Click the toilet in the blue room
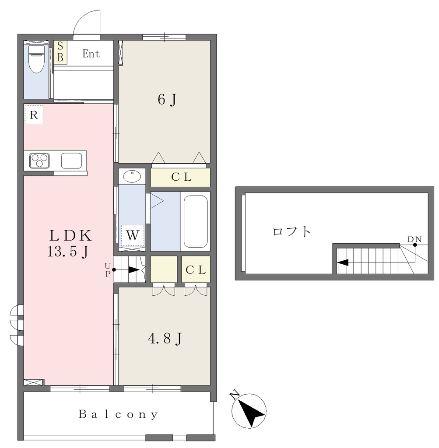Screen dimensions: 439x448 [x=37, y=59]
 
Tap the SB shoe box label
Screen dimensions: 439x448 [x=60, y=52]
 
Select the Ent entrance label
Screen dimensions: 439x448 [x=91, y=53]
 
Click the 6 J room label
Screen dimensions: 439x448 [x=167, y=100]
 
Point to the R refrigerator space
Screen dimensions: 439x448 [x=34, y=115]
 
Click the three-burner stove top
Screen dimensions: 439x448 [x=39, y=161]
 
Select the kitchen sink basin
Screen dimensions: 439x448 [x=71, y=161]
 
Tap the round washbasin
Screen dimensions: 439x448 [x=132, y=176]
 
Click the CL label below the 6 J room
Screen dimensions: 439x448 [x=181, y=177]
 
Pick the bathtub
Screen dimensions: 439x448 [x=196, y=221]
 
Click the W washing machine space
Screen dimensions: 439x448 [x=133, y=235]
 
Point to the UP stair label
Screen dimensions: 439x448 [x=108, y=269]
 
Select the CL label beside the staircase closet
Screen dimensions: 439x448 [x=196, y=269]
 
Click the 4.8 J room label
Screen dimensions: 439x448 [x=165, y=339]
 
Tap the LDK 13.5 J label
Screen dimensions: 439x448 [x=70, y=244]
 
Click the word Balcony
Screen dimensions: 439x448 [x=118, y=414]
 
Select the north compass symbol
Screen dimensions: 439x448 [x=249, y=410]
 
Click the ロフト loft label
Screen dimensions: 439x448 [x=292, y=231]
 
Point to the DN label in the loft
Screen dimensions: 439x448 [x=414, y=239]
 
